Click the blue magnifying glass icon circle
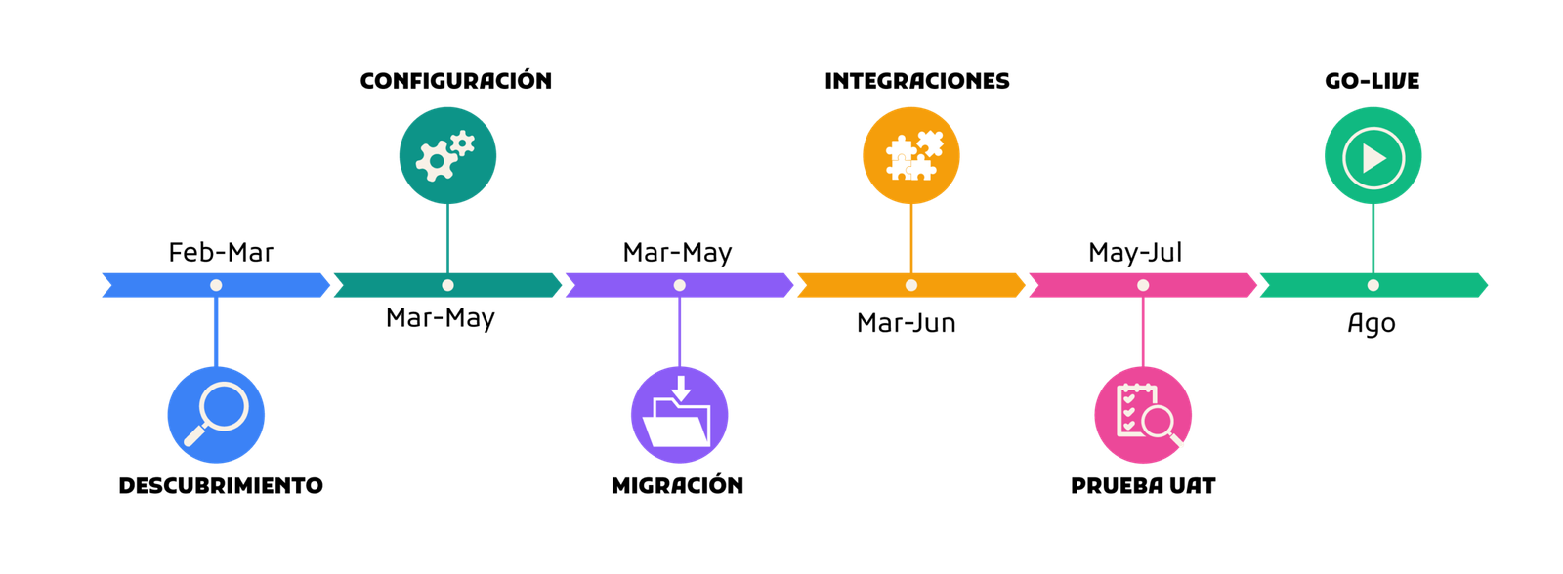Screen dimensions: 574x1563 point(216,414)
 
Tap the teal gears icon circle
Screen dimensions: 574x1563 point(447,156)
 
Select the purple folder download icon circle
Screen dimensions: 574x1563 point(679,414)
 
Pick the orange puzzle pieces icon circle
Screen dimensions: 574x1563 point(911,156)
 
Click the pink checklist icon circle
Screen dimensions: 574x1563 point(1142,414)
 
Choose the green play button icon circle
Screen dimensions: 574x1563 point(1373,156)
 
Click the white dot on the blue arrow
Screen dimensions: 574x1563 point(216,285)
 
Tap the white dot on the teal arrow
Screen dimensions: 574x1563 point(447,285)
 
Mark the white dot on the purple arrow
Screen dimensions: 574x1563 point(680,285)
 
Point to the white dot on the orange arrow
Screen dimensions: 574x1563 point(911,285)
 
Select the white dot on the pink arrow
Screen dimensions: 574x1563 point(1143,285)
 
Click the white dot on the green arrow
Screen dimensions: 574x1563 point(1373,285)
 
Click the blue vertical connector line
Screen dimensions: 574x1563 point(216,332)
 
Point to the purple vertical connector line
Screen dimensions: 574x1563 point(680,332)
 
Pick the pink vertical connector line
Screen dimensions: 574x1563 point(1142,332)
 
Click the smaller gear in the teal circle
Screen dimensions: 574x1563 point(462,143)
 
